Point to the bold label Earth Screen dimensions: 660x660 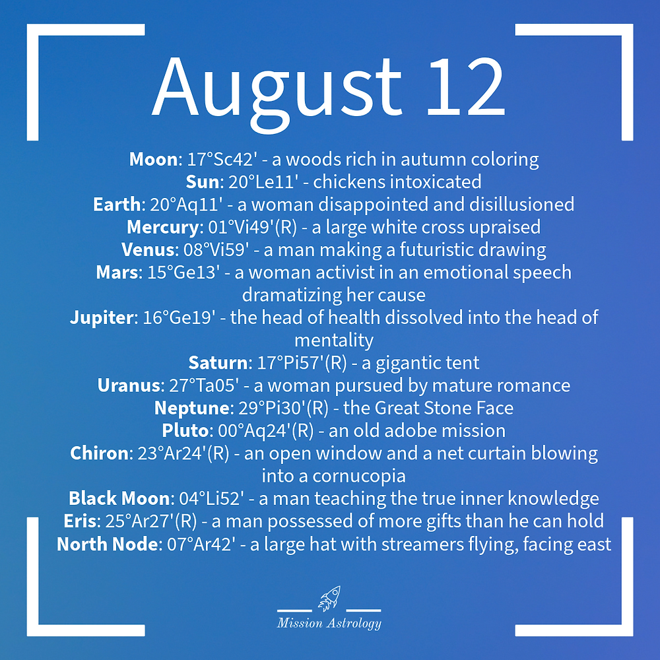(x=117, y=204)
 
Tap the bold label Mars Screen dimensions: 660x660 (x=117, y=272)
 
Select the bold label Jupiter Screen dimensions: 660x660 (x=102, y=317)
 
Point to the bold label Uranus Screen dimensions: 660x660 (x=127, y=385)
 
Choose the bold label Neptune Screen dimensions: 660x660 (x=185, y=408)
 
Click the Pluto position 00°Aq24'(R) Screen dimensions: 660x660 (x=263, y=430)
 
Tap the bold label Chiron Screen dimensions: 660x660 (x=98, y=453)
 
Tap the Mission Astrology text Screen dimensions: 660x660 (x=329, y=623)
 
